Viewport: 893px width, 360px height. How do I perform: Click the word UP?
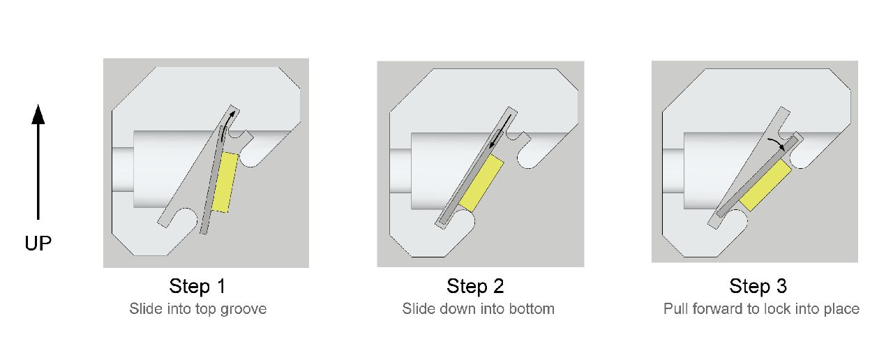(x=38, y=243)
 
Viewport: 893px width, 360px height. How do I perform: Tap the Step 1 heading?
(x=197, y=286)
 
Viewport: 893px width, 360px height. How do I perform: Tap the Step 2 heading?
(x=475, y=286)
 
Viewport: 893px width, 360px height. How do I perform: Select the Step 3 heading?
(x=758, y=286)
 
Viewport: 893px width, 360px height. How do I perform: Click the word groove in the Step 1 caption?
(x=243, y=309)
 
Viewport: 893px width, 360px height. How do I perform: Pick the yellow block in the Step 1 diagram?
(x=225, y=182)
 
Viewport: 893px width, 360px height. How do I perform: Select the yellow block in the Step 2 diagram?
(x=481, y=183)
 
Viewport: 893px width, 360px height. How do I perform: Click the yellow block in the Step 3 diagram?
(x=766, y=186)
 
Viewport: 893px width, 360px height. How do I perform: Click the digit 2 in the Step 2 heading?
(x=498, y=286)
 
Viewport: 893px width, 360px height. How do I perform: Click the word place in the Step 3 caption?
(x=841, y=309)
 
